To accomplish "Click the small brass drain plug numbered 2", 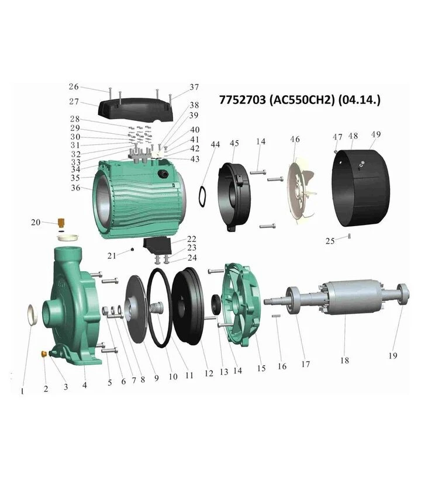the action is click(x=44, y=354).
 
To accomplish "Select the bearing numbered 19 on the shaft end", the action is click(x=403, y=294).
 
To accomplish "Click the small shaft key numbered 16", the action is click(x=276, y=316).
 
